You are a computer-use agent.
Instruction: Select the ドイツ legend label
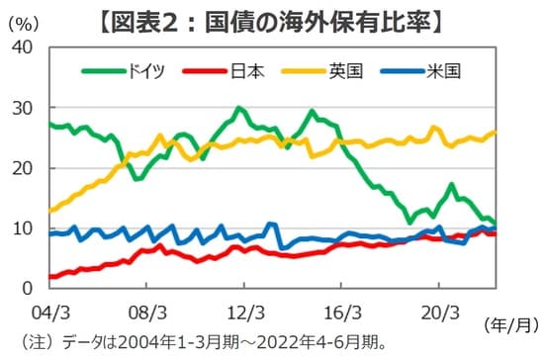(145, 70)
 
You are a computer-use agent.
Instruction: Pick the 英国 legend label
(347, 70)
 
